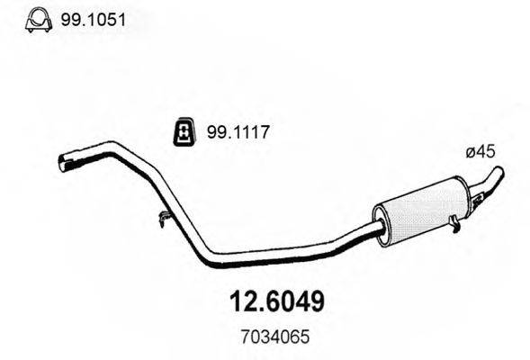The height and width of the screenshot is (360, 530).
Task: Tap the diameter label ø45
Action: click(481, 154)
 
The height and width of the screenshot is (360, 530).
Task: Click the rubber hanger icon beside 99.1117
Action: click(184, 132)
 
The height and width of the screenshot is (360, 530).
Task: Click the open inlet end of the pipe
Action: click(65, 162)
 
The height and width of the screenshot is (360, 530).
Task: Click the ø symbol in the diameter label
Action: click(470, 154)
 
